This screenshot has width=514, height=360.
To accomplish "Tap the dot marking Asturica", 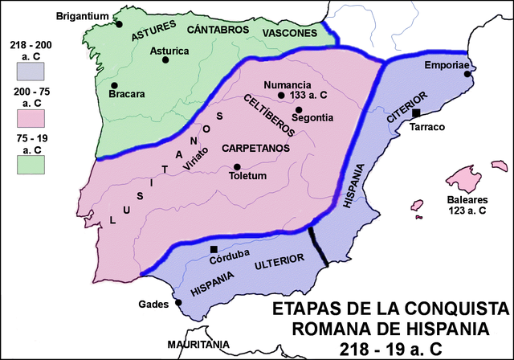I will coord(165,62).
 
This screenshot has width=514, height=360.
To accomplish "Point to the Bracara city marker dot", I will coord(114,85).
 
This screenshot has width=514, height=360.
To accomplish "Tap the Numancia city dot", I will coord(281,96).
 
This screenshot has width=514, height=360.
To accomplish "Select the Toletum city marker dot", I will coord(237,167).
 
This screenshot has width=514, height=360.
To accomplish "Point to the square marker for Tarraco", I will coord(415,113).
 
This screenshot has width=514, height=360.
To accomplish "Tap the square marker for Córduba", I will coord(214,250).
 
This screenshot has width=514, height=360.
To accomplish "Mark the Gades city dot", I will coord(178,303).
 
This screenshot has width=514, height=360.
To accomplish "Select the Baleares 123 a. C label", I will coord(467,205).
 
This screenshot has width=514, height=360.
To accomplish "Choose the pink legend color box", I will coord(28,121).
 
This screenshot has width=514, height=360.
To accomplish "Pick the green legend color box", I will coord(28,165).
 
